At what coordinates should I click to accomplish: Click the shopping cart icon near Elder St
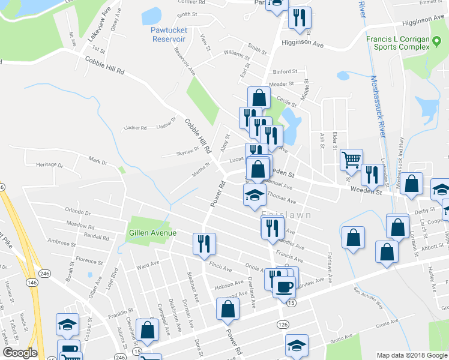351,160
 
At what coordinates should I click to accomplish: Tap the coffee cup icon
284,286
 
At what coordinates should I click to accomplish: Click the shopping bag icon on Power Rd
228,309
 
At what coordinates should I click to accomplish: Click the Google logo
20,352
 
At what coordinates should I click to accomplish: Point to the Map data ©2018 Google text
412,355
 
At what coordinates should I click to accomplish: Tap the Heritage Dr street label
49,164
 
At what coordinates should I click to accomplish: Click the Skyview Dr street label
187,151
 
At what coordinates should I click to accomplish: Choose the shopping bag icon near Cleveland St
147,329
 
